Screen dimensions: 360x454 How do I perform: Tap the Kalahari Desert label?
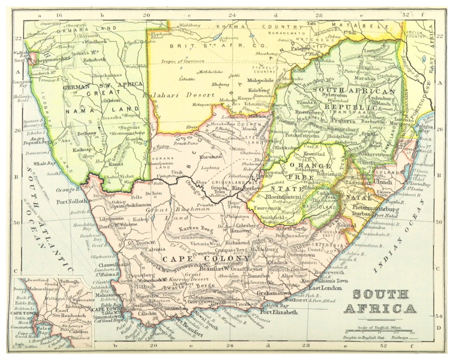coord(168,93)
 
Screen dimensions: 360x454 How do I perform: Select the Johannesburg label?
coord(350,128)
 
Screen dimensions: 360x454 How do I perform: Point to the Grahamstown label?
coord(273,293)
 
